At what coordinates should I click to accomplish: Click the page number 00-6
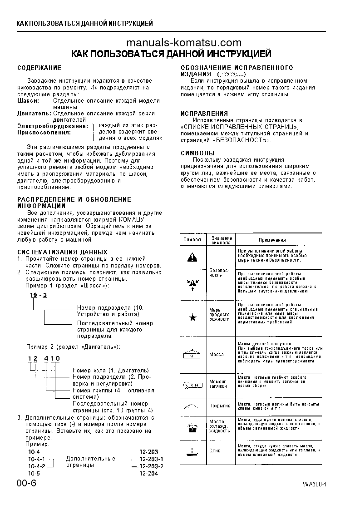coord(26,483)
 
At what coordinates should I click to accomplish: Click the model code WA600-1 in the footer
coord(315,484)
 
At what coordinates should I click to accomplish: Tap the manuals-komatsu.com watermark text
coord(183,43)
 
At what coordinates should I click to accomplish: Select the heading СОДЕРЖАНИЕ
coord(39,68)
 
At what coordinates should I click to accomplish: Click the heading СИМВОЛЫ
coord(197,153)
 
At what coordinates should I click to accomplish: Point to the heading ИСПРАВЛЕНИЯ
coord(204,114)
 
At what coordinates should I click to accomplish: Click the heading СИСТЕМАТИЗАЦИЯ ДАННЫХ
coord(62,252)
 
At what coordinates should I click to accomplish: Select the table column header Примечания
coord(272,240)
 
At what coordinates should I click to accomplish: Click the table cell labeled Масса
coord(216,354)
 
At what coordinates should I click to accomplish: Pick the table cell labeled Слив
coord(215,451)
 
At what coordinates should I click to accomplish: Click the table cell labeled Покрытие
coord(219,406)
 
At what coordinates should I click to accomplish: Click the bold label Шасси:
coord(28,100)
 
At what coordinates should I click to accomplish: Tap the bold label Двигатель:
coord(34,113)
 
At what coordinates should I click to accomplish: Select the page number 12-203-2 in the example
coord(151,466)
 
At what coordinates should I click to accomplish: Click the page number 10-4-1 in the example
coord(37,459)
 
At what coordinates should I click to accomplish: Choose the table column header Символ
coord(192,239)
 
